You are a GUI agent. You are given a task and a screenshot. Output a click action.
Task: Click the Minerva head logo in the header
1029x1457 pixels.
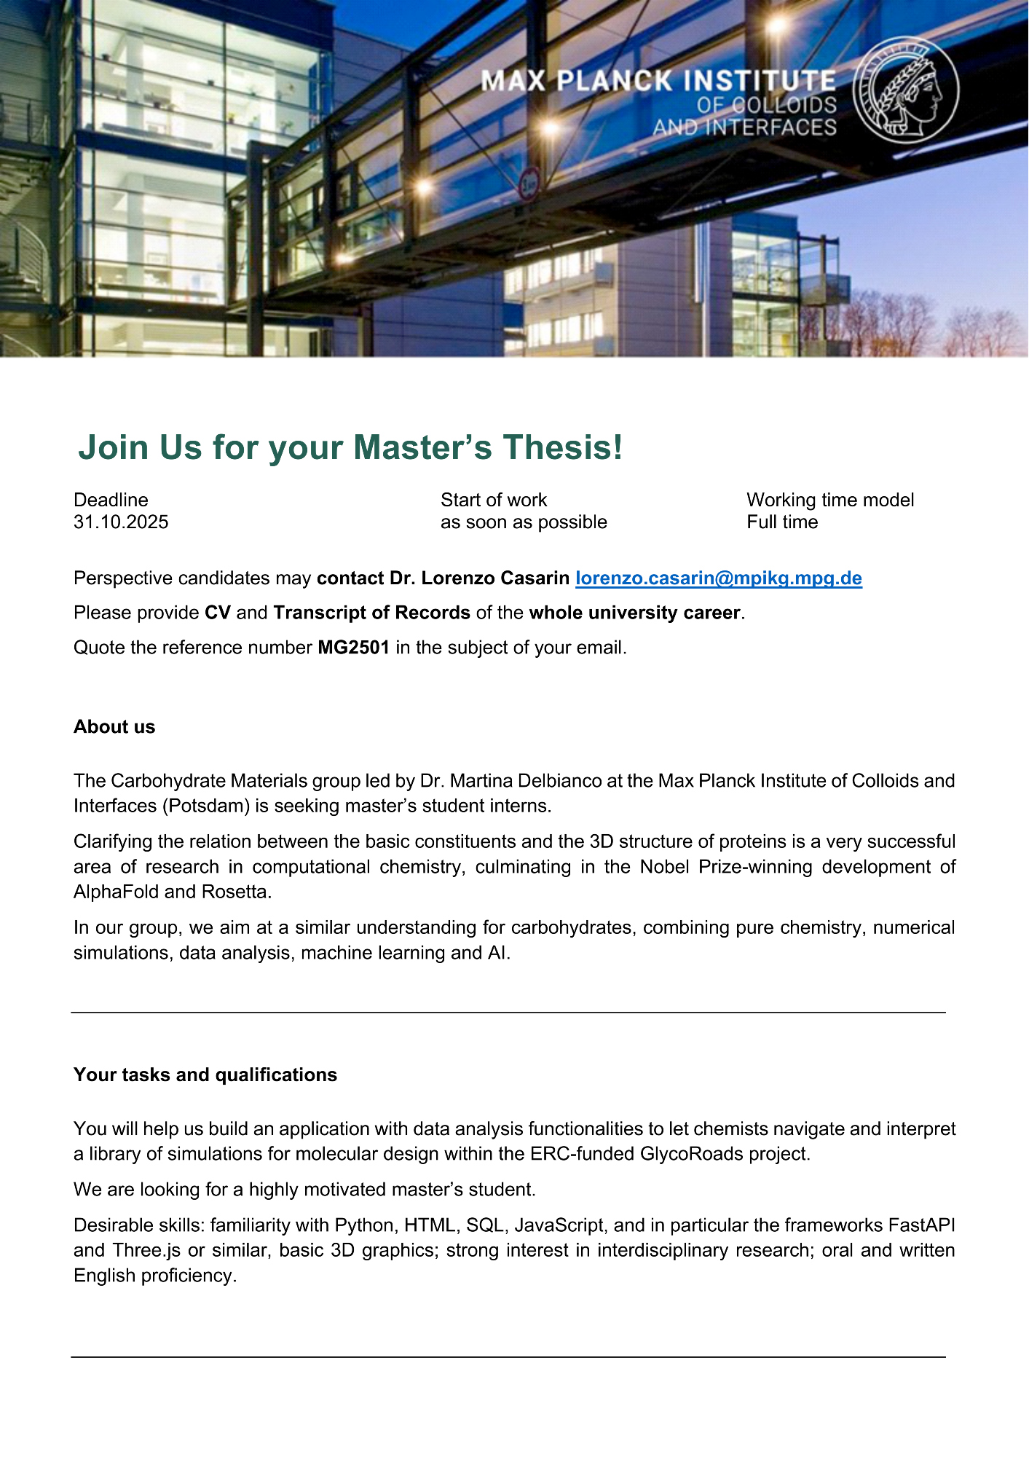906,90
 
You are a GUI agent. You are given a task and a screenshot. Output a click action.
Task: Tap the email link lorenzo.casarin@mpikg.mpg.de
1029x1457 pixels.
718,578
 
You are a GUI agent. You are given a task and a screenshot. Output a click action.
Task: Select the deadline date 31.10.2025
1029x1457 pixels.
121,522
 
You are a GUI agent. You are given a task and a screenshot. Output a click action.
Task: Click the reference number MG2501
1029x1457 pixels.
353,648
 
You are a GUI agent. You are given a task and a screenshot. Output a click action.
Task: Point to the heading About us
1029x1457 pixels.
114,727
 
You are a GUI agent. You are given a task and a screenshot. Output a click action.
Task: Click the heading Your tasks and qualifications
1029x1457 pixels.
205,1075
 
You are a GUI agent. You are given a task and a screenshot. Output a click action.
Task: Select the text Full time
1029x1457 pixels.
782,522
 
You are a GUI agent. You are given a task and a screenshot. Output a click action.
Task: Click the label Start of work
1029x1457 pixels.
493,500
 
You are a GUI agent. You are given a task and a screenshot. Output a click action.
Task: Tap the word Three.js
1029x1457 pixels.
146,1251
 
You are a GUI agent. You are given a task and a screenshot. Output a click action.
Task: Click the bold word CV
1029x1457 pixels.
217,613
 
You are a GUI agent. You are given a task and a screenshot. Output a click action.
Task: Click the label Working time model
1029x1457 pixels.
830,500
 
